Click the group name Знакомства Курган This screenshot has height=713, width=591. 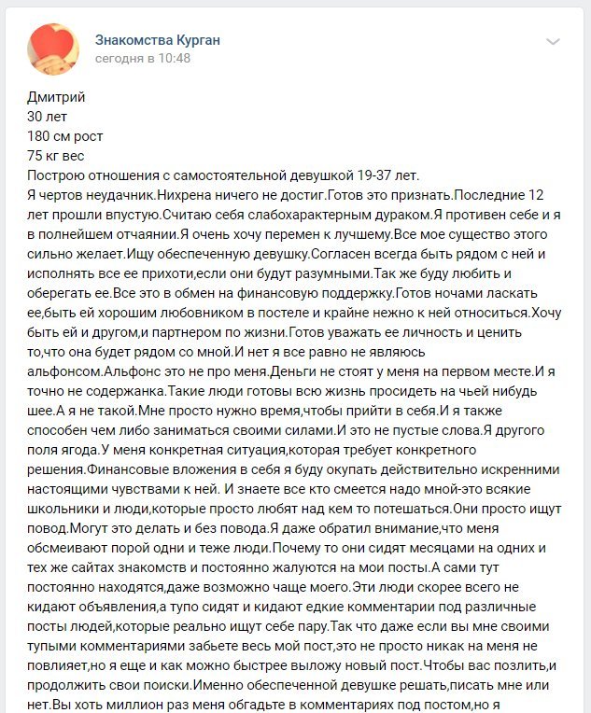pyautogui.click(x=158, y=40)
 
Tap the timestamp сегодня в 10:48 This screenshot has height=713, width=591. pyautogui.click(x=142, y=58)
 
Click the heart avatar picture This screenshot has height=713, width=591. pyautogui.click(x=54, y=49)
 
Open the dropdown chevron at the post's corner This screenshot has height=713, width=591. pyautogui.click(x=553, y=42)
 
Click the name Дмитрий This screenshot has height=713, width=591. pyautogui.click(x=57, y=97)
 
